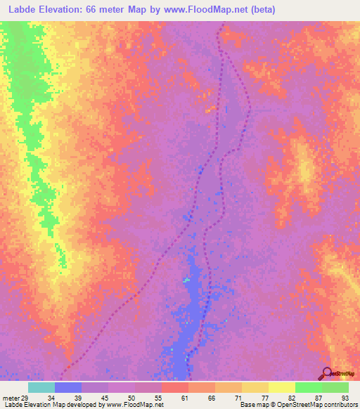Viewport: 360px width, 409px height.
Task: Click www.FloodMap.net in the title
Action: [x=206, y=10]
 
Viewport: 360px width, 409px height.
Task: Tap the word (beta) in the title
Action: [x=261, y=10]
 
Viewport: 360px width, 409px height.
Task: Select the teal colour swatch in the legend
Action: [x=41, y=387]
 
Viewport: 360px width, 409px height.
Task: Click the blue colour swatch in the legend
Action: [x=67, y=387]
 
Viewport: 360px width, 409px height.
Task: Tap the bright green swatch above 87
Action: [x=308, y=387]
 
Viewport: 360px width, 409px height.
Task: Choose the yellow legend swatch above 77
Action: [x=255, y=387]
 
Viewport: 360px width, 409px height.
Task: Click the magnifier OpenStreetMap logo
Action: [x=327, y=373]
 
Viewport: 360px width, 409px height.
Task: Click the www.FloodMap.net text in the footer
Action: [x=131, y=405]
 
